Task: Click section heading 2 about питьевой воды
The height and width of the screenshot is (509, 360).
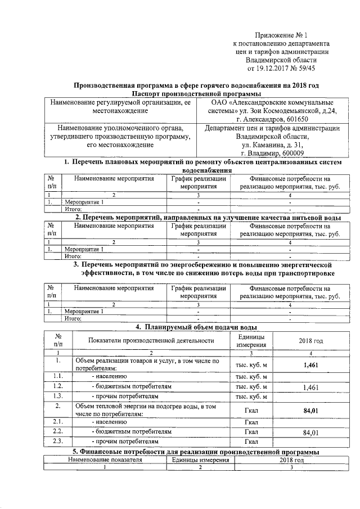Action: [208, 217]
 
